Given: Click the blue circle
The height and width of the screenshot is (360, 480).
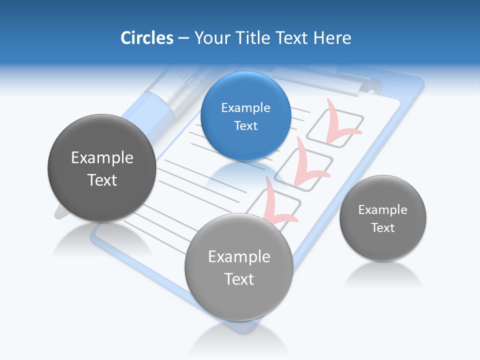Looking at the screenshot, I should point(245,116).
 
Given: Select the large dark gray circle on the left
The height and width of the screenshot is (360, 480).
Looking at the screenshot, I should point(102,168).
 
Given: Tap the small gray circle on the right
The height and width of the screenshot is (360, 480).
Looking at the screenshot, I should point(382,218).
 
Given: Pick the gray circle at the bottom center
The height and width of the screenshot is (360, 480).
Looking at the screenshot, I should point(239,267).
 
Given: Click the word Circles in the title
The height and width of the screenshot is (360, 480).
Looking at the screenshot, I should point(147,38).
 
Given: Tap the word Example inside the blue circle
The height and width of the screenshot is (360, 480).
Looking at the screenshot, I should point(245,107).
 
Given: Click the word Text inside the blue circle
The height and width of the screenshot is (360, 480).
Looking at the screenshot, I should point(245,125).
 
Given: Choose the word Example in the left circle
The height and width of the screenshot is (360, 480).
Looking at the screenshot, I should point(102,157).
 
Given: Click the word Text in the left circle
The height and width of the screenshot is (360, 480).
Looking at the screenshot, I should point(102,179).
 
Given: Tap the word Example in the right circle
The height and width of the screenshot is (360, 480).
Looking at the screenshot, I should point(382,209).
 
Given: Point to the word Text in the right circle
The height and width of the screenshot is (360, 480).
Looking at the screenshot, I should point(382,227).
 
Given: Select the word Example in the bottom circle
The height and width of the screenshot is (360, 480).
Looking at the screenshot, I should point(239,256).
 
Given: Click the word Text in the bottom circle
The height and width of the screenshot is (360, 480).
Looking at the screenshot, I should point(239,278).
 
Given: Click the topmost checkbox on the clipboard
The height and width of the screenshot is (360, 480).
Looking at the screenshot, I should point(335,129).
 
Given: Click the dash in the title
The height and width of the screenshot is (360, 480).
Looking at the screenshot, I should point(183,38).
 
